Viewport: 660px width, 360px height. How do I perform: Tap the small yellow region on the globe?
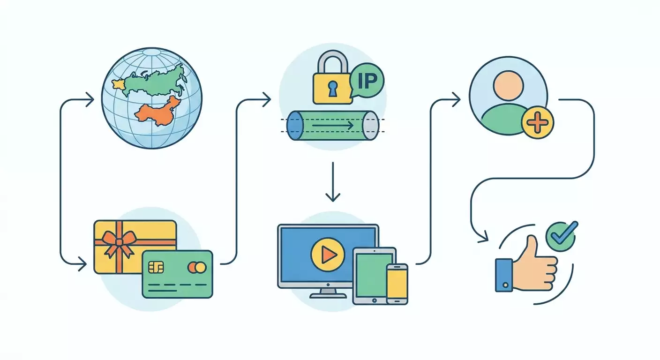point(119,84)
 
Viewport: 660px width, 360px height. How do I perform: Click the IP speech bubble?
point(367,81)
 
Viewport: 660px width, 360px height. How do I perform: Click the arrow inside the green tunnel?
point(333,126)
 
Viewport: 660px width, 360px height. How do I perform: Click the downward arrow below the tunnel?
point(333,182)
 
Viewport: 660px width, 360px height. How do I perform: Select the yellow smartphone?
point(397,284)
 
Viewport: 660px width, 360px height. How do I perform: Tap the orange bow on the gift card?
point(119,242)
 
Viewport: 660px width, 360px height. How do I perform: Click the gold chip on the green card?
point(156,267)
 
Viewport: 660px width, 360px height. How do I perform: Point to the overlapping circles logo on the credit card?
point(197,268)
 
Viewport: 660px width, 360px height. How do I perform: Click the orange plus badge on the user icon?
point(538,122)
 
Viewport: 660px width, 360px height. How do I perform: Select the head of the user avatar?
point(508,86)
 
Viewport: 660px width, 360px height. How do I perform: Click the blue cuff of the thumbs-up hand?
point(504,275)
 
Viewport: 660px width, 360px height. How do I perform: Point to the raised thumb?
point(531,247)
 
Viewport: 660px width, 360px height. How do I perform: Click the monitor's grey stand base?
point(328,295)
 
